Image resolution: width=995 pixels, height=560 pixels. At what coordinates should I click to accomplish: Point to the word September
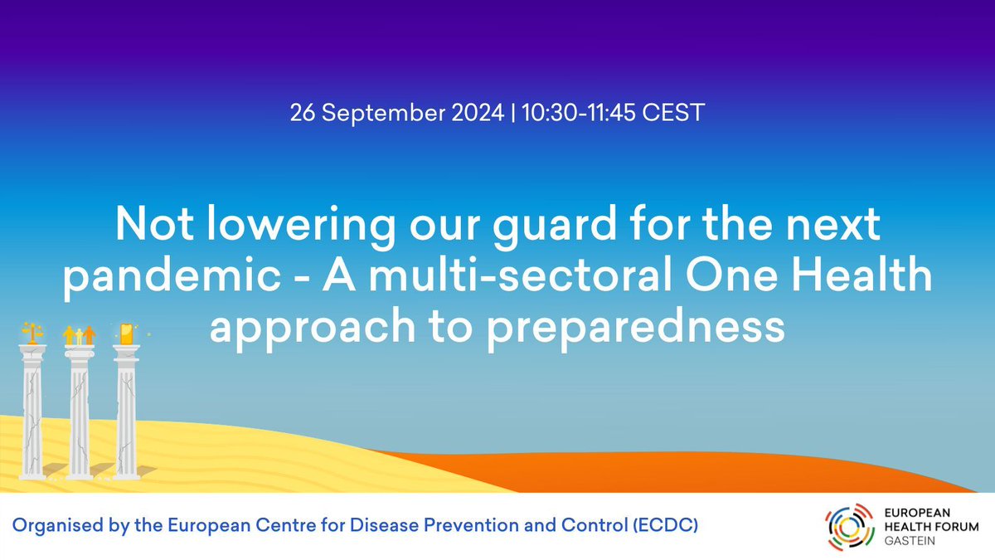382,113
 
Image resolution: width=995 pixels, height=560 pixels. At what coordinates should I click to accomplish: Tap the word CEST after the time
677,113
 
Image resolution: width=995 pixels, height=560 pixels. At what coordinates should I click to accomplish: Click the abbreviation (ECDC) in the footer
663,526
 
